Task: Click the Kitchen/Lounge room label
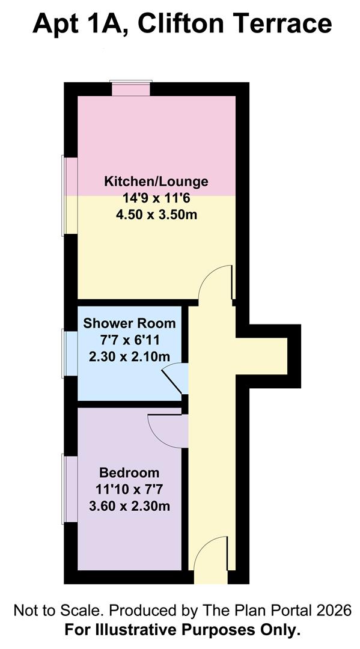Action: [x=156, y=181]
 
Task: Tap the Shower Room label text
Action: [x=130, y=323]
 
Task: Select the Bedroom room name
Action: [x=129, y=472]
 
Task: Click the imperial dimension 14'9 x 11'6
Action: [x=156, y=198]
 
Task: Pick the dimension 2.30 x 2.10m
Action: [x=130, y=356]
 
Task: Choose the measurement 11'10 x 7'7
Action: [x=130, y=489]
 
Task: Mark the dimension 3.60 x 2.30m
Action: [x=130, y=506]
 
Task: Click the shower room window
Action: [x=70, y=353]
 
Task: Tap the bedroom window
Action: [x=70, y=489]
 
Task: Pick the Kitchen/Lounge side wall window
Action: [x=70, y=195]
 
